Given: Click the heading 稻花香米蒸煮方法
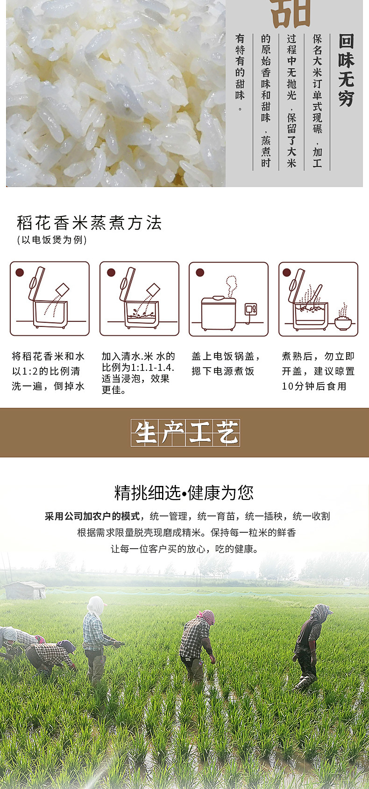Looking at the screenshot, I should (89, 223).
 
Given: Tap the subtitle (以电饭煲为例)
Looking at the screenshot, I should (52, 240).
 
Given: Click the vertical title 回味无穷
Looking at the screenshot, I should (347, 71).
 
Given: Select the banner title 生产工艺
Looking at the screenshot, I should (185, 433).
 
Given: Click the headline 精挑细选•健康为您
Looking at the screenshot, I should (184, 492).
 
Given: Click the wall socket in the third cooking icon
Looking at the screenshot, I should (251, 309).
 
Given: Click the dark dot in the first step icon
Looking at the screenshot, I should (20, 272).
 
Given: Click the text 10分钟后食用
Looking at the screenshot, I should (314, 386).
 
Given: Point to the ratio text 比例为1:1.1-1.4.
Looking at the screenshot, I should (138, 368).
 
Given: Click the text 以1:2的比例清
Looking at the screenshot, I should (46, 371).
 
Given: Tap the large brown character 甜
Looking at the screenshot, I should (291, 14).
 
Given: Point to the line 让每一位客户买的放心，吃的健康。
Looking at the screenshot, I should (184, 549).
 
